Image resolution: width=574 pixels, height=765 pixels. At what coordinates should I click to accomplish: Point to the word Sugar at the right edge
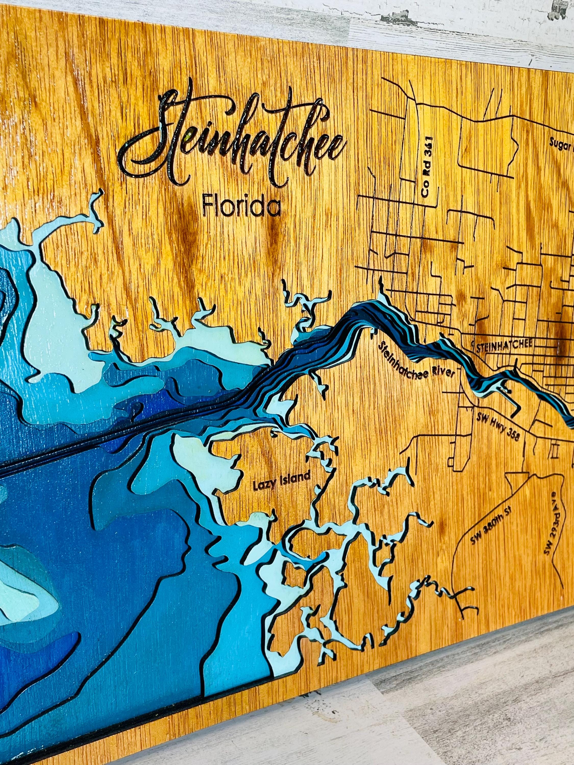560,146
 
